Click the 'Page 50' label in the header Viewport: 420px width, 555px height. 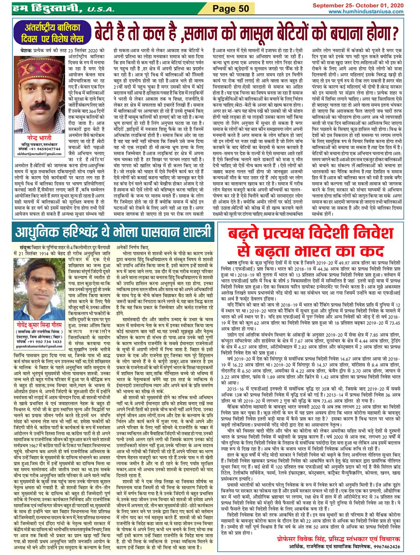[231, 9]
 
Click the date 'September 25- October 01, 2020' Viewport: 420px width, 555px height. [358, 6]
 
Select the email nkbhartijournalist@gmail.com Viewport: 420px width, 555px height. [39, 154]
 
